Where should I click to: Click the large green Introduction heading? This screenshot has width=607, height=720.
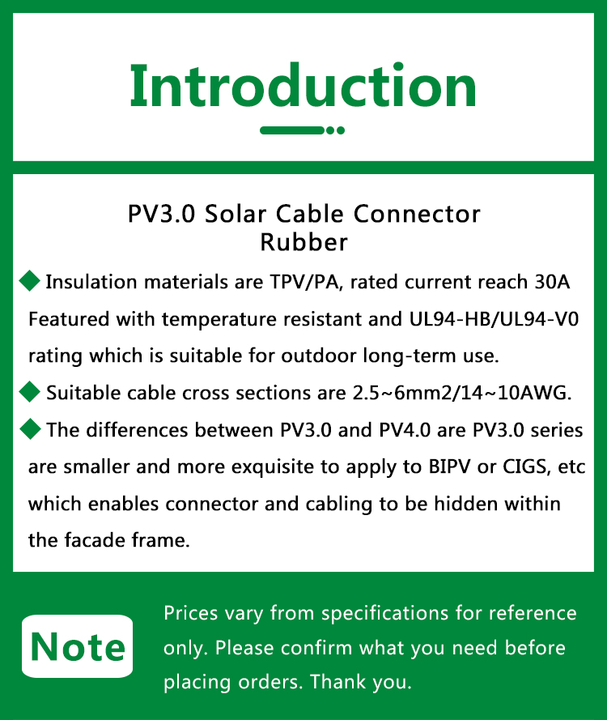coord(303,86)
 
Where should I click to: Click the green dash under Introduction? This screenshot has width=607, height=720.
coord(292,130)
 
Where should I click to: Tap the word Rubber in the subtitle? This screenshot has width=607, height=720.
coord(303,242)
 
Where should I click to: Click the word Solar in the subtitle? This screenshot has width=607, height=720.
coord(236,214)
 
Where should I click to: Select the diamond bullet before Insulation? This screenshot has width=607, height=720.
coord(30,280)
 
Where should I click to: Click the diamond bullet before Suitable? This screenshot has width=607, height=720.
coord(30,392)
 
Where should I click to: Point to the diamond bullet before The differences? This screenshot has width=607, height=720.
coord(30,429)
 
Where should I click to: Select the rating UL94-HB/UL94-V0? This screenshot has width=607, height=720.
coord(495,319)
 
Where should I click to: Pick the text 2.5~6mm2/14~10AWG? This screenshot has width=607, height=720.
coord(462,393)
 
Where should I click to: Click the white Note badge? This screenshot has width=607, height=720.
coord(77,646)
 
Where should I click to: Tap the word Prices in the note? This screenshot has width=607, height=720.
coord(190,613)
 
